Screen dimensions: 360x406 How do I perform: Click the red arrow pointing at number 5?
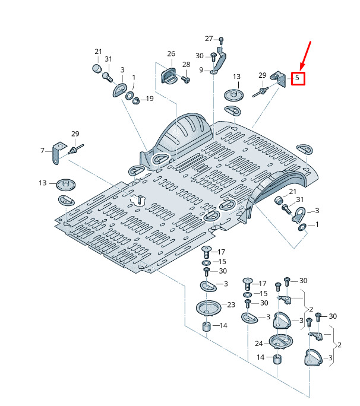(305, 56)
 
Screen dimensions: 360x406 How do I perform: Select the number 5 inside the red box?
(297, 78)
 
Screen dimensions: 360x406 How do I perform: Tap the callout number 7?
(43, 150)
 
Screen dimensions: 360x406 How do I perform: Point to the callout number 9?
(201, 70)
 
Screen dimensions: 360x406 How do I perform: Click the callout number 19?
(150, 99)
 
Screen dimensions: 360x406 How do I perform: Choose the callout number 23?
(231, 304)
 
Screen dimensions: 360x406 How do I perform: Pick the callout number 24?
(259, 344)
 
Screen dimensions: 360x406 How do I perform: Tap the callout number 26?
(171, 53)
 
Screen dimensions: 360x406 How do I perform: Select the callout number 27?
(209, 39)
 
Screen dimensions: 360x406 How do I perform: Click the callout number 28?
(186, 64)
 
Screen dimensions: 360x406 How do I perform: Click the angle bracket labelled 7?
(59, 153)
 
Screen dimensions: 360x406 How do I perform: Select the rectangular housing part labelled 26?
(168, 75)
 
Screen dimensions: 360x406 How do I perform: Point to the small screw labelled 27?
(221, 40)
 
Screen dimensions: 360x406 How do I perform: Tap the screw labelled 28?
(186, 79)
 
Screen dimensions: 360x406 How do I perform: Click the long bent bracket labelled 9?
(219, 61)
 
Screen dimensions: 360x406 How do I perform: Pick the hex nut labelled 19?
(136, 100)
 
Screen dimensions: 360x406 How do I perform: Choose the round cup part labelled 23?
(209, 308)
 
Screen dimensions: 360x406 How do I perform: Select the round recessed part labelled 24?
(280, 341)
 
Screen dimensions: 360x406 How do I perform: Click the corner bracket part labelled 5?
(279, 79)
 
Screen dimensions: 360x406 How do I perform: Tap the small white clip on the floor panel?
(138, 200)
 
